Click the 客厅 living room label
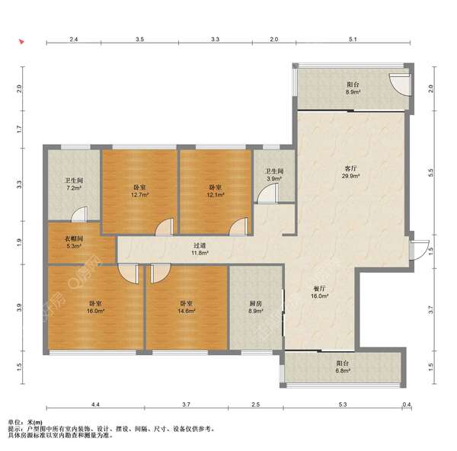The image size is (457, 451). (x=350, y=168)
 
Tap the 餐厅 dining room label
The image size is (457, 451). (x=319, y=289)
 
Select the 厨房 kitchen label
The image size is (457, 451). (x=256, y=304)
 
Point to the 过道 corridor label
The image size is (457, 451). (x=200, y=246)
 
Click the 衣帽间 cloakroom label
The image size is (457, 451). (x=74, y=239)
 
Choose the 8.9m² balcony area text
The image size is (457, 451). (x=353, y=92)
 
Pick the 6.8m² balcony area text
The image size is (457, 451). (x=343, y=371)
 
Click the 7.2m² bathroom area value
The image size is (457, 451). (x=74, y=188)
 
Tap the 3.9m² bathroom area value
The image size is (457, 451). (x=274, y=178)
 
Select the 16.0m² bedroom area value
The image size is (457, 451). (x=96, y=311)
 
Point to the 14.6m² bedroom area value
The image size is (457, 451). (x=187, y=311)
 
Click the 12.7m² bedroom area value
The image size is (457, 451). (x=140, y=195)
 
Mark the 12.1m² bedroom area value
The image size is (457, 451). (x=216, y=195)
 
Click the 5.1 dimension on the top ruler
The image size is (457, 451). (x=353, y=39)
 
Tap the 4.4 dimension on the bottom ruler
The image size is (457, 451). (x=96, y=405)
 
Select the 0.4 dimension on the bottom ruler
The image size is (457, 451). (x=407, y=405)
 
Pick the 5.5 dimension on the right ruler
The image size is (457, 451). (x=431, y=173)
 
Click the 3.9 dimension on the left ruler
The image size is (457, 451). (x=19, y=307)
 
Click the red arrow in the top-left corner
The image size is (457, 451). (x=21, y=42)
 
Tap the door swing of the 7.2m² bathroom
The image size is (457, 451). (x=79, y=214)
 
